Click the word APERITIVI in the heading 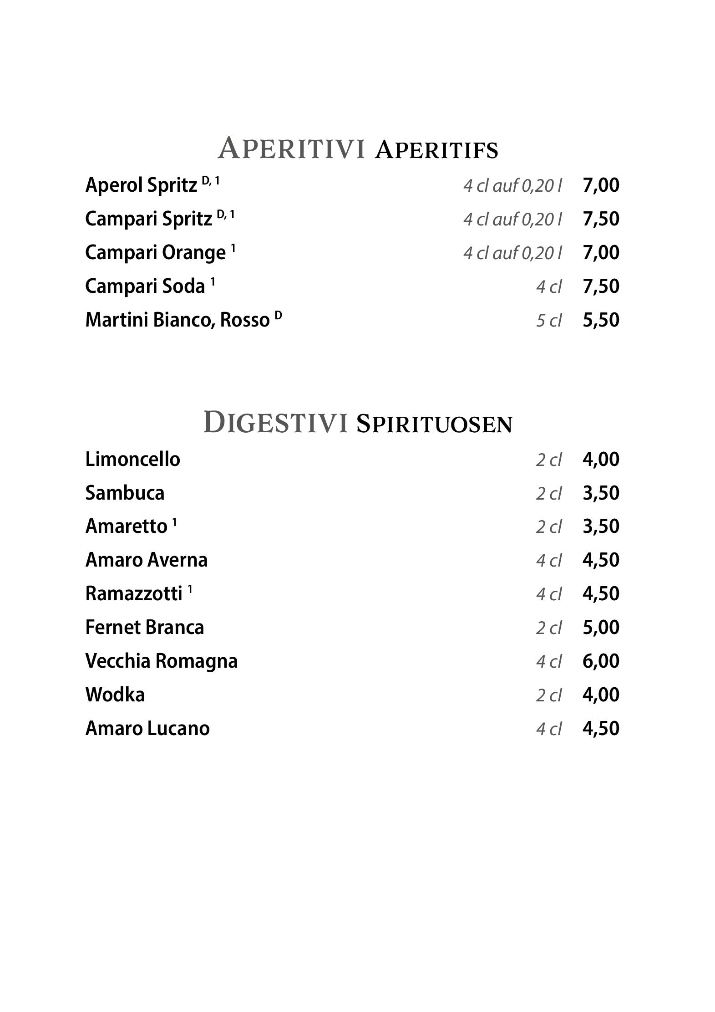coord(291,148)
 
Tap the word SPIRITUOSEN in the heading coord(434,424)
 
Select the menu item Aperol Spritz coord(141,185)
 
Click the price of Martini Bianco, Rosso coord(601,320)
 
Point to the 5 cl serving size coord(548,321)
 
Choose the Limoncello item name coord(132,459)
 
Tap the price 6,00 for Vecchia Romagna coord(601,661)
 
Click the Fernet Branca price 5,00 coord(601,627)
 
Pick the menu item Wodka coord(115,695)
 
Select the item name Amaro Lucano coord(147,728)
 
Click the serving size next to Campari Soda coord(548,287)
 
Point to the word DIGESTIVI coord(275,422)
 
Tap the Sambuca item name coord(125,493)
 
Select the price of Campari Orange coord(601,252)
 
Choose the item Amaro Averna coord(147,560)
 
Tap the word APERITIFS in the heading coord(436,150)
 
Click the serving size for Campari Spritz coord(512,219)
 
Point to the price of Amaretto coord(601,526)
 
